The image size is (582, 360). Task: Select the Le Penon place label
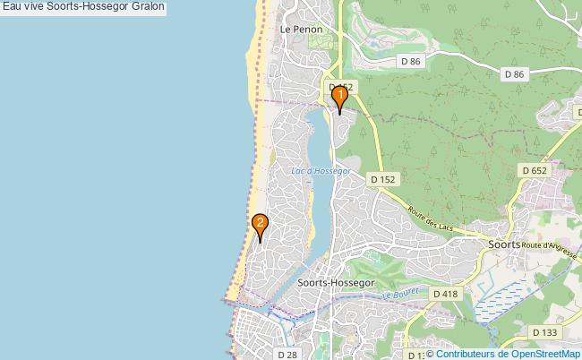[x=301, y=29]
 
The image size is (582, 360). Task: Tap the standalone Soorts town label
[x=506, y=243]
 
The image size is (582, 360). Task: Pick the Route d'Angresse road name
[x=548, y=245]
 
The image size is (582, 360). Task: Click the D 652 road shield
[x=534, y=169]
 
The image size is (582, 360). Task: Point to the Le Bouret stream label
[x=401, y=294]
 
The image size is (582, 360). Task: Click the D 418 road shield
[x=445, y=294]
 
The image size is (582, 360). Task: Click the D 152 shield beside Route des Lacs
[x=382, y=179]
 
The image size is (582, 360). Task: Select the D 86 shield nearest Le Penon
[x=411, y=61]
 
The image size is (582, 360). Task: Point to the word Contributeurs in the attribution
[x=465, y=354]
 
